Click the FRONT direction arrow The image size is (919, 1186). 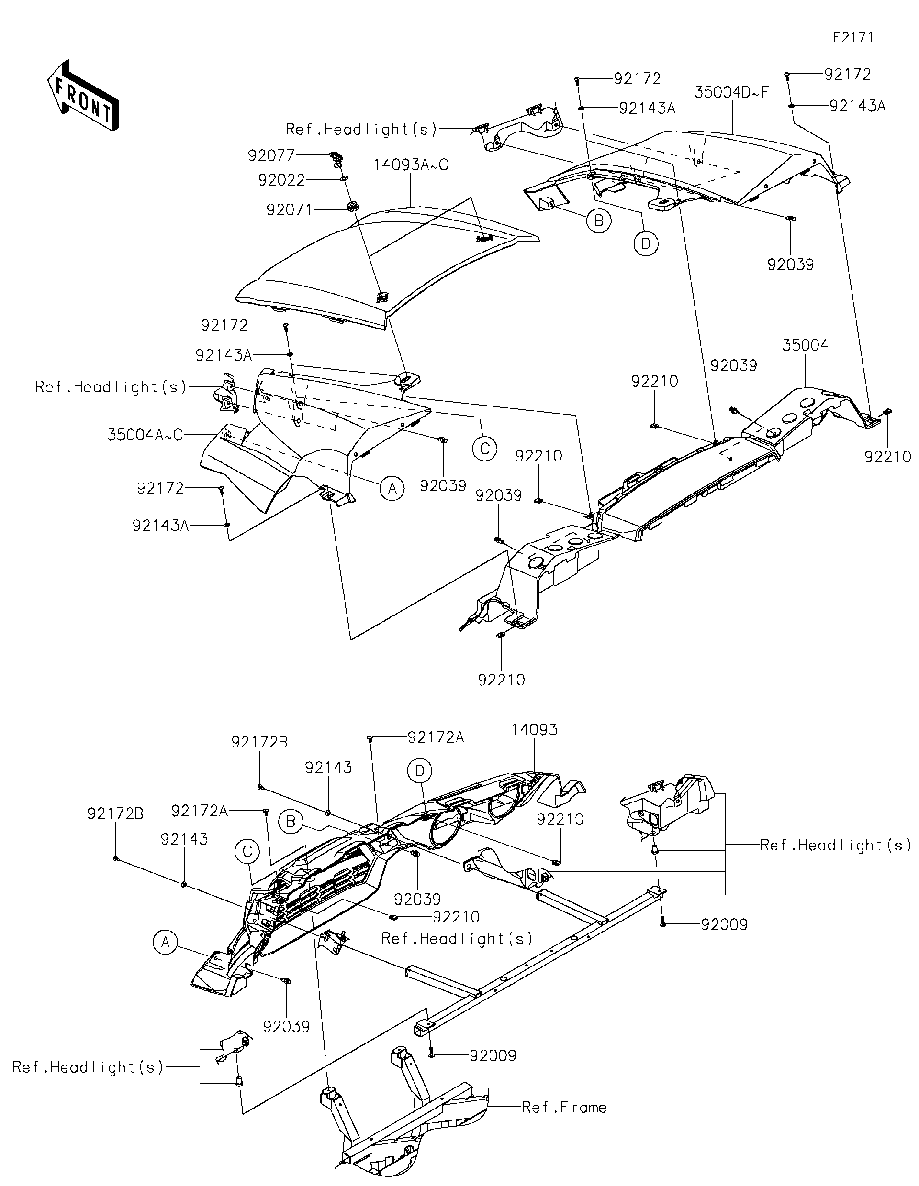tap(83, 96)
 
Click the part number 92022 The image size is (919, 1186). tap(281, 180)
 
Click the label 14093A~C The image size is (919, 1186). tap(410, 165)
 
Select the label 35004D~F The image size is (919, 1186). tap(731, 92)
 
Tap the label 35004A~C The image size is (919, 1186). tap(145, 435)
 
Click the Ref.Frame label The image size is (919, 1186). tap(563, 1107)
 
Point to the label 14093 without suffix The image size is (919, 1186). tap(534, 730)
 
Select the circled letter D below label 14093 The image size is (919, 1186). tap(420, 770)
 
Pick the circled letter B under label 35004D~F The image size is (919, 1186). tap(598, 221)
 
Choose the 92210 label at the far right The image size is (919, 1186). tap(887, 457)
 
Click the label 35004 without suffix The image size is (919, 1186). tap(805, 345)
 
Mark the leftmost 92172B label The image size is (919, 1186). tap(115, 814)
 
